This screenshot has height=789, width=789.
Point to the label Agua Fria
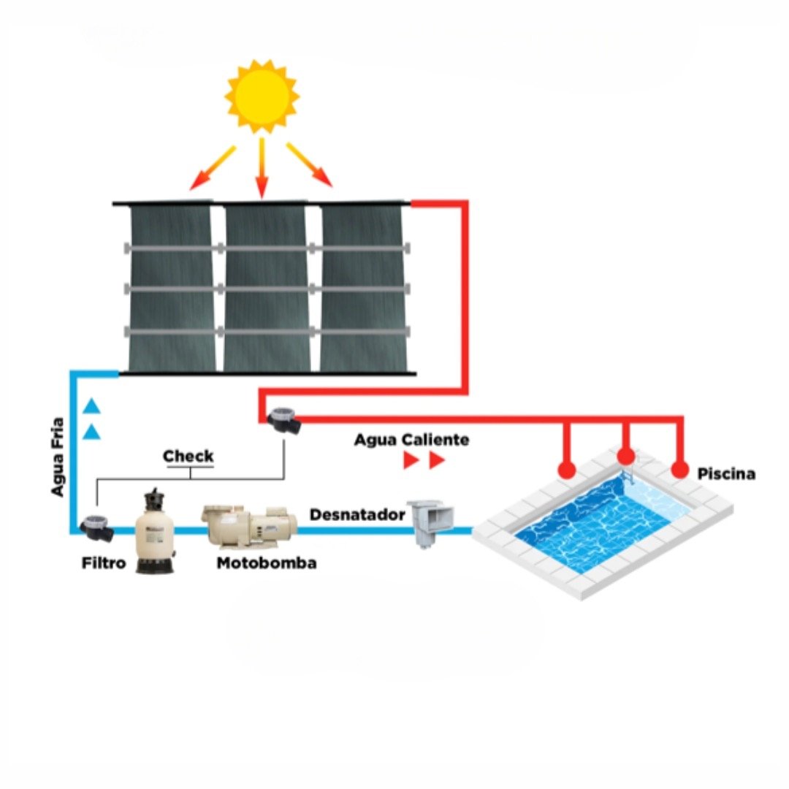coord(58,457)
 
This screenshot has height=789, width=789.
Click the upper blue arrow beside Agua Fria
coord(91,405)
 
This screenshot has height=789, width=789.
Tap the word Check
coord(188,457)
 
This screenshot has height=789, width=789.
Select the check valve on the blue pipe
coord(97,527)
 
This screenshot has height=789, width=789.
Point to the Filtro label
coord(104,564)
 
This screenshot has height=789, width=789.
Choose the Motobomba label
coord(267,563)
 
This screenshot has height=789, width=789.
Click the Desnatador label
coord(357,514)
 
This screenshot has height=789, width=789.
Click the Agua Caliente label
coord(411,440)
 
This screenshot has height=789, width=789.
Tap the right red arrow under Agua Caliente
coord(437,460)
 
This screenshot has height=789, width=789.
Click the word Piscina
coord(726,474)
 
